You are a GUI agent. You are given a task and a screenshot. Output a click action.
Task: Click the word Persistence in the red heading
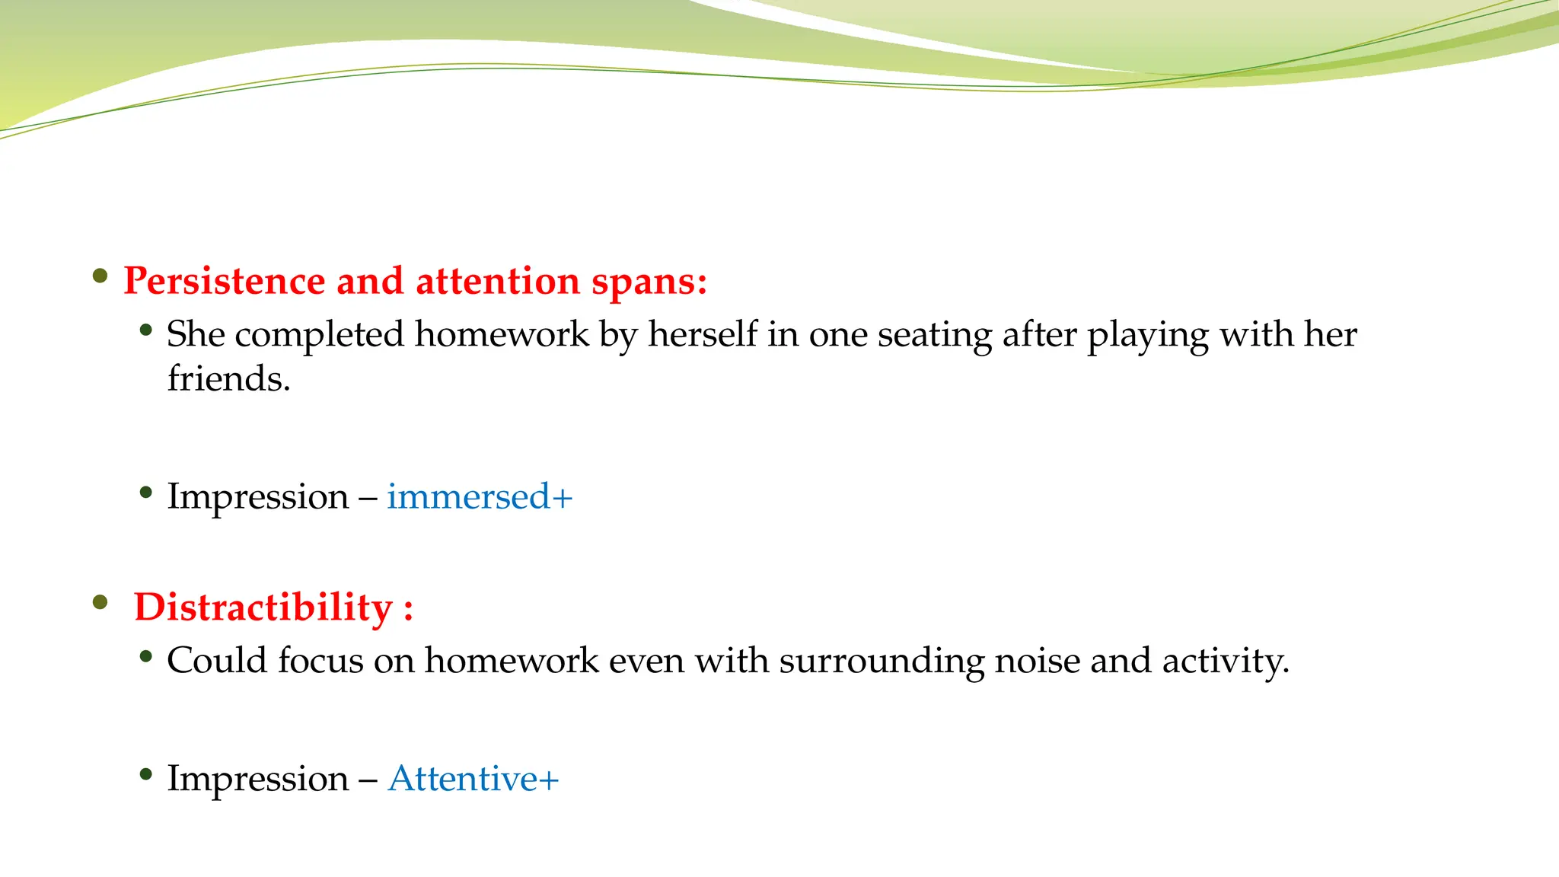click(225, 281)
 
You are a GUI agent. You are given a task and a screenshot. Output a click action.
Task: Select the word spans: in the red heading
click(649, 281)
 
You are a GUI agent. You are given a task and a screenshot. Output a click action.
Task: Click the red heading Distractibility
click(263, 608)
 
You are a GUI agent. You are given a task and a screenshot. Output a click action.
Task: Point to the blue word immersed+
click(480, 496)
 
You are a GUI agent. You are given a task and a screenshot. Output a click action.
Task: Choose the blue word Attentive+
click(473, 778)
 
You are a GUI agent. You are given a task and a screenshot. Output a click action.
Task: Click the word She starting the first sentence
click(196, 334)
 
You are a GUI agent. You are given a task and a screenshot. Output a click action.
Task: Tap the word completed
click(319, 334)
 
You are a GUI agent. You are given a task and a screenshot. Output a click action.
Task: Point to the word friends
click(228, 378)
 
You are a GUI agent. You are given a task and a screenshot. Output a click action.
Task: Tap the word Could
click(217, 660)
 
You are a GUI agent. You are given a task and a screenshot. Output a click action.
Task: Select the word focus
click(320, 660)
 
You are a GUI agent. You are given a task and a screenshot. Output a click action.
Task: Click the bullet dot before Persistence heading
click(100, 276)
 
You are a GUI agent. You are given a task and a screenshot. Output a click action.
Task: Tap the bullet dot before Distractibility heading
click(100, 603)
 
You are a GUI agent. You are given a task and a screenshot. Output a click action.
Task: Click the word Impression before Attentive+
click(258, 778)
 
